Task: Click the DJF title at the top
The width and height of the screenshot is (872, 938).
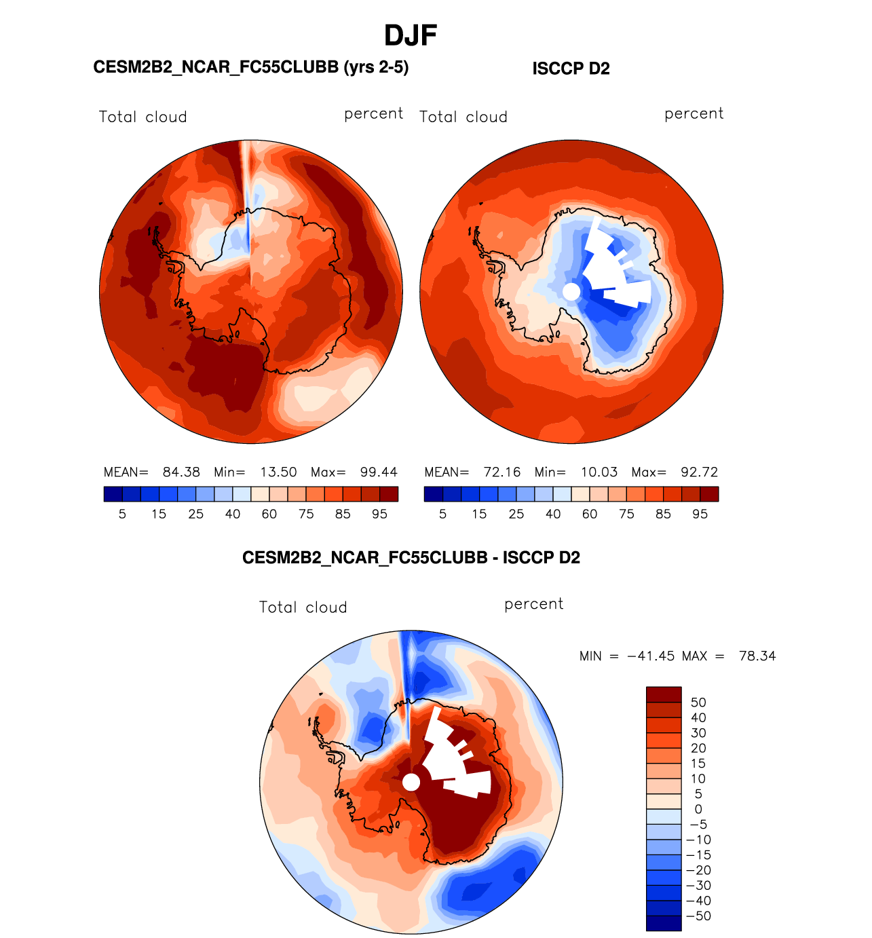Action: point(410,35)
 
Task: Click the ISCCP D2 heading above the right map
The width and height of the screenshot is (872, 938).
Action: point(571,69)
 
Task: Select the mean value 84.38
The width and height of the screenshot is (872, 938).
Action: point(181,472)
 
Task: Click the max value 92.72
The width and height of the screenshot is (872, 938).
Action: point(699,472)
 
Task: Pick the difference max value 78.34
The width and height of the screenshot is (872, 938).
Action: point(757,656)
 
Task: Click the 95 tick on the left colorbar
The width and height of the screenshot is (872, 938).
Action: point(379,514)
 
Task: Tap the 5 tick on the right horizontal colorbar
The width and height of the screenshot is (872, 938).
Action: point(442,514)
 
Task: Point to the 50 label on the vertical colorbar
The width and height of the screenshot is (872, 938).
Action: point(698,702)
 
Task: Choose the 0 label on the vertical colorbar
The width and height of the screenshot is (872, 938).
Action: point(698,809)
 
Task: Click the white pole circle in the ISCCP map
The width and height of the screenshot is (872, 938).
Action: point(572,292)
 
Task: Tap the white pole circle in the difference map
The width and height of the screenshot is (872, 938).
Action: point(411,783)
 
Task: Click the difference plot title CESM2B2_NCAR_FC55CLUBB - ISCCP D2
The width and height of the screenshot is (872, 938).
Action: point(411,558)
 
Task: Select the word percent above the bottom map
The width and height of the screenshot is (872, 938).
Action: point(533,604)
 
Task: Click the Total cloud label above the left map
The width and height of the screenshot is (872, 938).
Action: point(143,117)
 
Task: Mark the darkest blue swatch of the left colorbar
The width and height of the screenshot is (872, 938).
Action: point(113,494)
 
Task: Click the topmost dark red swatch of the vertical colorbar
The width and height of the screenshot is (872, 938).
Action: point(664,694)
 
